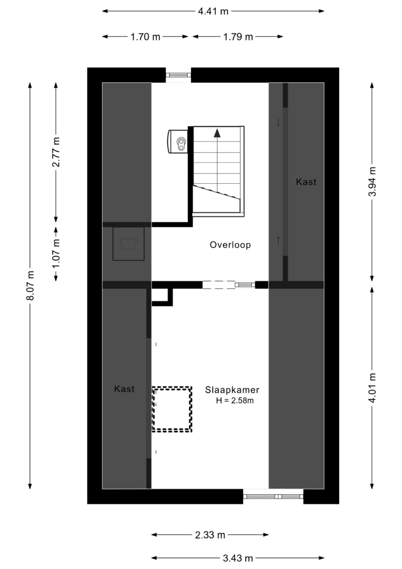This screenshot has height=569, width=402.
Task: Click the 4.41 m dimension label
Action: pyautogui.click(x=213, y=11)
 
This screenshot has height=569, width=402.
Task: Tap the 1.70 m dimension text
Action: pyautogui.click(x=145, y=37)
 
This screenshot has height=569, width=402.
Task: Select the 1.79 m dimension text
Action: pyautogui.click(x=238, y=37)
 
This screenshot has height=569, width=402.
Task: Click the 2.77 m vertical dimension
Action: pyautogui.click(x=56, y=152)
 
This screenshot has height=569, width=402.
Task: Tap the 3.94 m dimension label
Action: pyautogui.click(x=372, y=182)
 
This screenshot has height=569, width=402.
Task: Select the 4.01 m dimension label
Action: pyautogui.click(x=372, y=387)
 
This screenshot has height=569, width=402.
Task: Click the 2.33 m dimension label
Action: pyautogui.click(x=210, y=535)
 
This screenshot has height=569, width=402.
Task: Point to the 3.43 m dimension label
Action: pyautogui.click(x=238, y=558)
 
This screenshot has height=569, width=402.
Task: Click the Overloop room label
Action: pyautogui.click(x=230, y=245)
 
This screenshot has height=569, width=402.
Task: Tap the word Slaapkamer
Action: pyautogui.click(x=232, y=390)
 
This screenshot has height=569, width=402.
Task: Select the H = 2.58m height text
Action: pyautogui.click(x=235, y=400)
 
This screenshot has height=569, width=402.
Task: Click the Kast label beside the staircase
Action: pyautogui.click(x=306, y=182)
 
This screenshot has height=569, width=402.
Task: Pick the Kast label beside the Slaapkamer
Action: pyautogui.click(x=124, y=389)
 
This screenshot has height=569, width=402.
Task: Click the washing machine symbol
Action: pyautogui.click(x=129, y=243)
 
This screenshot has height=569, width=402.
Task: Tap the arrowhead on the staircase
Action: pyautogui.click(x=217, y=133)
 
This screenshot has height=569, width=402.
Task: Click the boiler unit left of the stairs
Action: pyautogui.click(x=177, y=141)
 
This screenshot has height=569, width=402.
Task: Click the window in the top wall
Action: pyautogui.click(x=178, y=75)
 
